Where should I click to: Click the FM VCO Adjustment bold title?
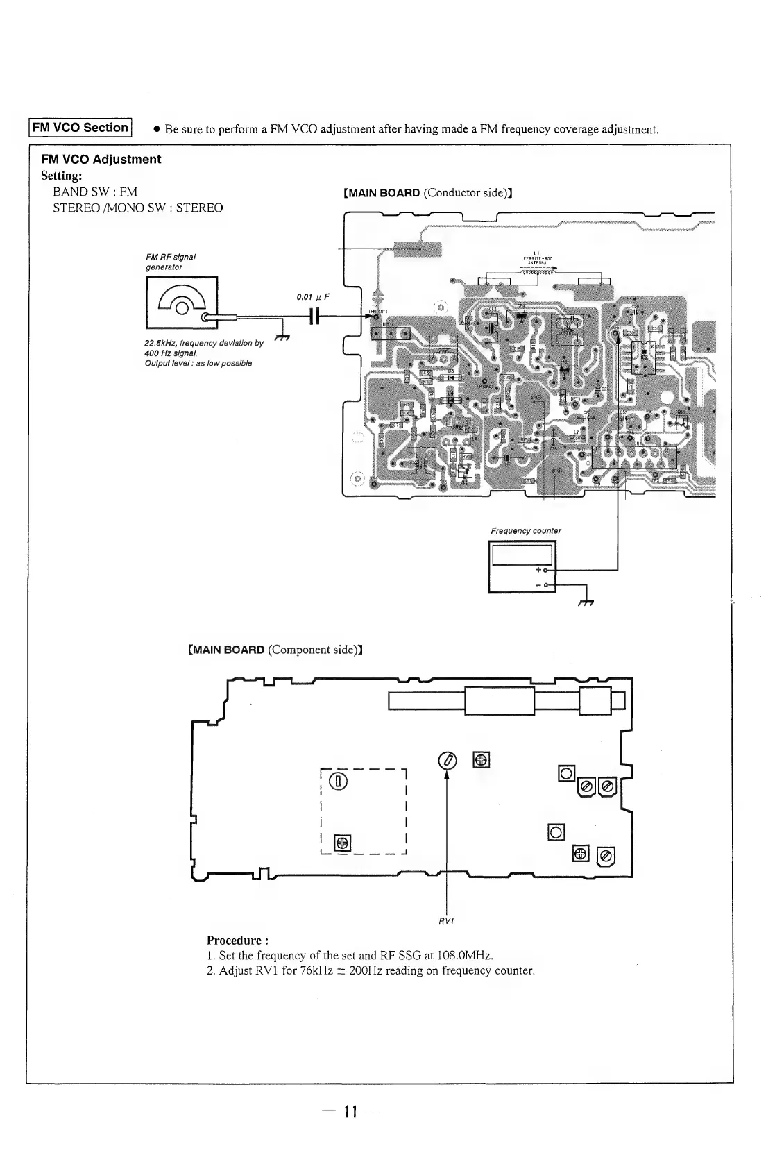(x=101, y=160)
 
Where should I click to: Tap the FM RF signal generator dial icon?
(x=182, y=302)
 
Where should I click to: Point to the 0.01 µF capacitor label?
(x=312, y=297)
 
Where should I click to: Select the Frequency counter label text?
(x=526, y=531)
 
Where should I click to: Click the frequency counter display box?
(x=522, y=555)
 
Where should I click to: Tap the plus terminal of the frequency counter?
(x=545, y=571)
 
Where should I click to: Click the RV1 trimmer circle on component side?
(x=448, y=760)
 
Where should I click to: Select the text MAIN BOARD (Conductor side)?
(x=428, y=192)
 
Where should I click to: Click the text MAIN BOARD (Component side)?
(x=275, y=650)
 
